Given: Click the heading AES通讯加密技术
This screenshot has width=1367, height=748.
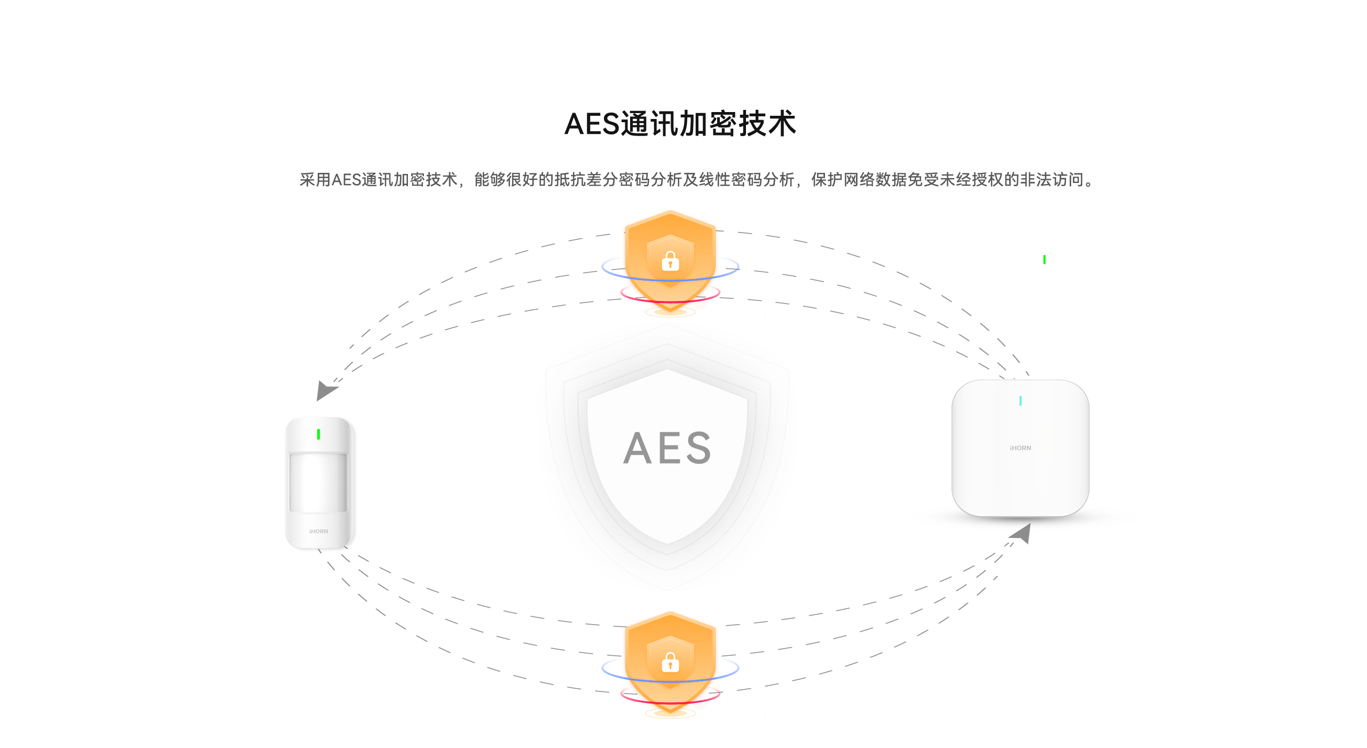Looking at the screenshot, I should (680, 124).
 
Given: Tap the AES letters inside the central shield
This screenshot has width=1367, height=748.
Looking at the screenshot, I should (667, 448).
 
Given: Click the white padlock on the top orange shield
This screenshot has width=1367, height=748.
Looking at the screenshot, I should (670, 261).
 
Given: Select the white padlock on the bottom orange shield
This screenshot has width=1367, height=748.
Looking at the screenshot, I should (670, 663).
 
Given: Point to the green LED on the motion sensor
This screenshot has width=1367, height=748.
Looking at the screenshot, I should (319, 434).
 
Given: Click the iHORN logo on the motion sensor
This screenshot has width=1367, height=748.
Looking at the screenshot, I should (319, 531).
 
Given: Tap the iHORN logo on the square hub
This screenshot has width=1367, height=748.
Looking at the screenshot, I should (1020, 448).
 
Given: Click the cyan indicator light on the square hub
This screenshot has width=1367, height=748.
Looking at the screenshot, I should (1020, 401).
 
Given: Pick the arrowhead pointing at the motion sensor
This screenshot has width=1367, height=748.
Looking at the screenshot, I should (325, 391).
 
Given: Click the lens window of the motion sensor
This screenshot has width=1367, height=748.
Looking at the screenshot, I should (318, 482).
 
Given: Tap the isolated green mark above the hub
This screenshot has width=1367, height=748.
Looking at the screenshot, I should (1044, 259).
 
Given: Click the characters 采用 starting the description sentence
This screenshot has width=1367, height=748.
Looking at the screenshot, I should (315, 180).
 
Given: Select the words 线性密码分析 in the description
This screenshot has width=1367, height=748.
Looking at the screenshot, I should (747, 180).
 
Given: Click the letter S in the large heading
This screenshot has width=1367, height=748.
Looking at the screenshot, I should (608, 124).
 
